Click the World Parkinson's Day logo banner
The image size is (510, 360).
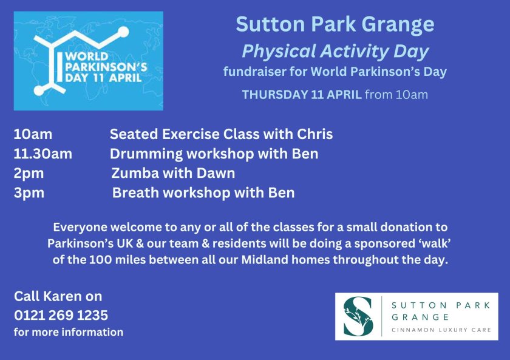pos(89,61)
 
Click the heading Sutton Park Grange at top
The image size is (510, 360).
pos(335,24)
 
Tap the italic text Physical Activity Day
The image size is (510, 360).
pos(335,51)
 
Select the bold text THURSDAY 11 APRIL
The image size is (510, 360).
pos(302,95)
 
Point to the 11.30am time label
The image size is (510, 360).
pos(43,154)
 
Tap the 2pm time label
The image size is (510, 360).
pos(29,174)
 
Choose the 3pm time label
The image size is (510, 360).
pos(29,193)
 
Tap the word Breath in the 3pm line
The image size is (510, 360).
pos(134,193)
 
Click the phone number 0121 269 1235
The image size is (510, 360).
pos(61,316)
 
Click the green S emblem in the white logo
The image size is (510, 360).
pos(358,316)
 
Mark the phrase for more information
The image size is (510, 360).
pos(69,332)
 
